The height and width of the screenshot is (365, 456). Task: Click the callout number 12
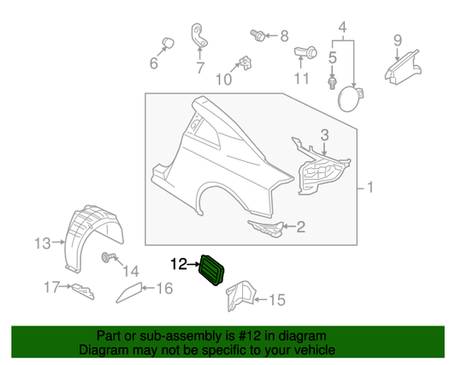[179, 264]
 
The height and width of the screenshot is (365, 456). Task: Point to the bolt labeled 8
[256, 35]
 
